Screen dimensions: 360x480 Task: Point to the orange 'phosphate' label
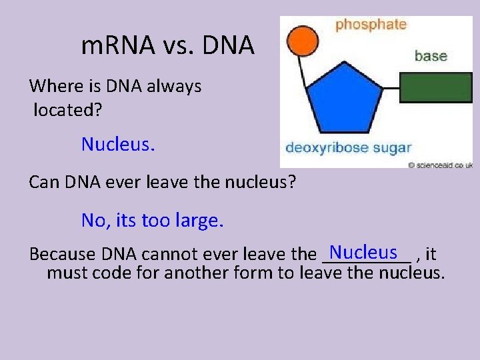coord(371,25)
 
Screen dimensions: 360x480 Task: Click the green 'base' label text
coord(431,55)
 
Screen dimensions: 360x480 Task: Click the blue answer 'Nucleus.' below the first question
coord(118,144)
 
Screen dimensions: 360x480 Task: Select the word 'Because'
coord(63,255)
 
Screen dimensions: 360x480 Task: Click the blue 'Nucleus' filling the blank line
coord(363,252)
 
